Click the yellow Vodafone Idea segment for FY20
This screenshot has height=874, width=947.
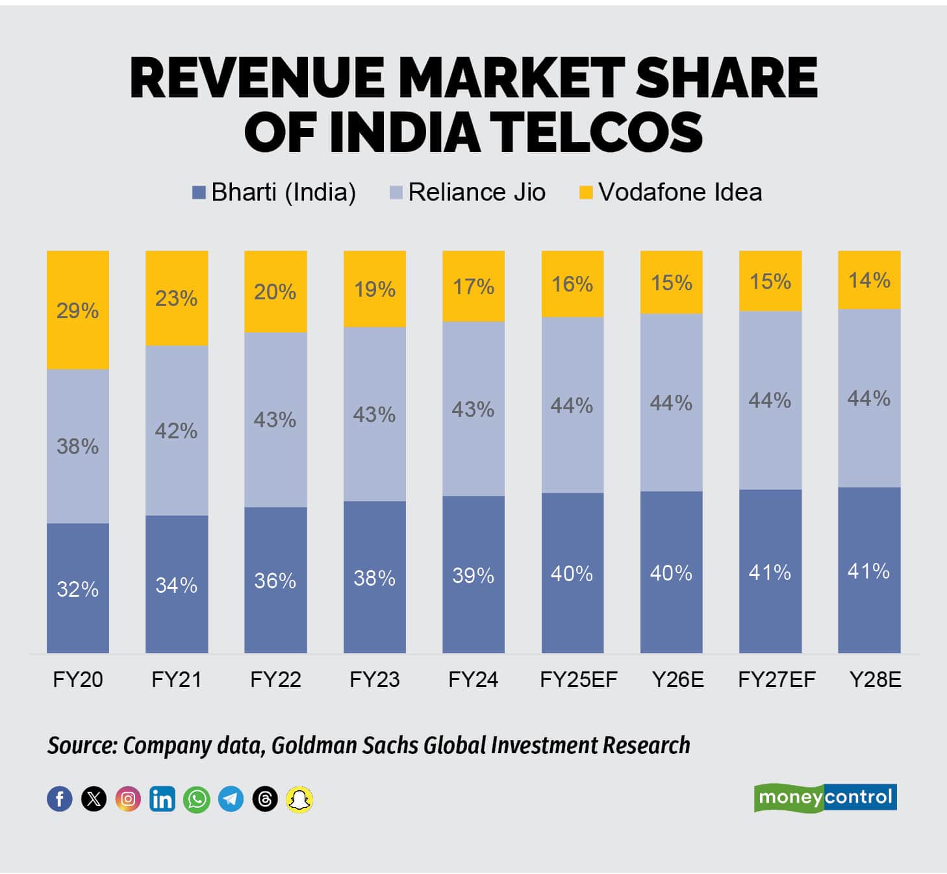77,310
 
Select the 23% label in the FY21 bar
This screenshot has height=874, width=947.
176,298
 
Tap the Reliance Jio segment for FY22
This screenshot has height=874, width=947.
275,419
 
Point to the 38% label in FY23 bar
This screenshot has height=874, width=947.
374,578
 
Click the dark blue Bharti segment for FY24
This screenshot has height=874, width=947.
473,574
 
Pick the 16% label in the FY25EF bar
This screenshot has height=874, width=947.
572,284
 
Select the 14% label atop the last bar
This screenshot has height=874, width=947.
869,280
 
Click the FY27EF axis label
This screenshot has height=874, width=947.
776,679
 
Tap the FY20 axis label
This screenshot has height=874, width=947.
77,679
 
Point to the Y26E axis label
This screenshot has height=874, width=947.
677,679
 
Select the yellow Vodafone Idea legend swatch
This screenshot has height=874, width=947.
586,192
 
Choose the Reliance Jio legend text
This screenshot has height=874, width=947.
477,192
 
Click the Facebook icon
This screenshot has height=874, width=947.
60,799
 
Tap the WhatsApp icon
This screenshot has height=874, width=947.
196,799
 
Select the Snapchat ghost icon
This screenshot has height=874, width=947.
299,799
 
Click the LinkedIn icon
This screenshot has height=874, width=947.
162,799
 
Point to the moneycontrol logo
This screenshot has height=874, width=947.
825,797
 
